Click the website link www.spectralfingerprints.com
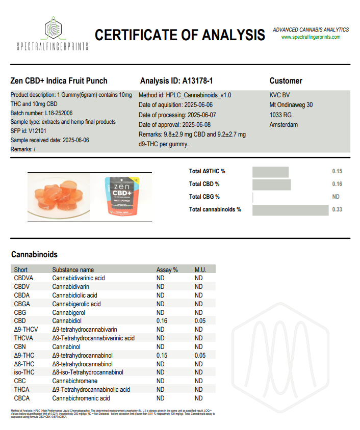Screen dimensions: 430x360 click(x=310, y=37)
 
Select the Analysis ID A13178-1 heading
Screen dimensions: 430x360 click(x=176, y=81)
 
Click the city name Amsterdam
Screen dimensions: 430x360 click(x=284, y=125)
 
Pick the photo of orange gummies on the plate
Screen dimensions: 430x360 click(x=58, y=195)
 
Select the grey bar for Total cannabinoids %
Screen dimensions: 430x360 click(x=291, y=209)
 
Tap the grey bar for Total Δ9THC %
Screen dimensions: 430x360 click(x=270, y=172)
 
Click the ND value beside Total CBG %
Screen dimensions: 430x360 click(x=336, y=197)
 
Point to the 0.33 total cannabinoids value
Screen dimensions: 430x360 click(x=337, y=209)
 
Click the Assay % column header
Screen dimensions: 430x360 click(x=167, y=270)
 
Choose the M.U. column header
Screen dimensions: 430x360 click(x=200, y=270)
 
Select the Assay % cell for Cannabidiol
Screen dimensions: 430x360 click(x=162, y=321)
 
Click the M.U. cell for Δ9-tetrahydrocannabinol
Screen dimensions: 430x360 click(x=199, y=355)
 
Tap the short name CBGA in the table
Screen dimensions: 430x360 click(x=22, y=304)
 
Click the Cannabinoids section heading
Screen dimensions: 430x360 click(x=34, y=254)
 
